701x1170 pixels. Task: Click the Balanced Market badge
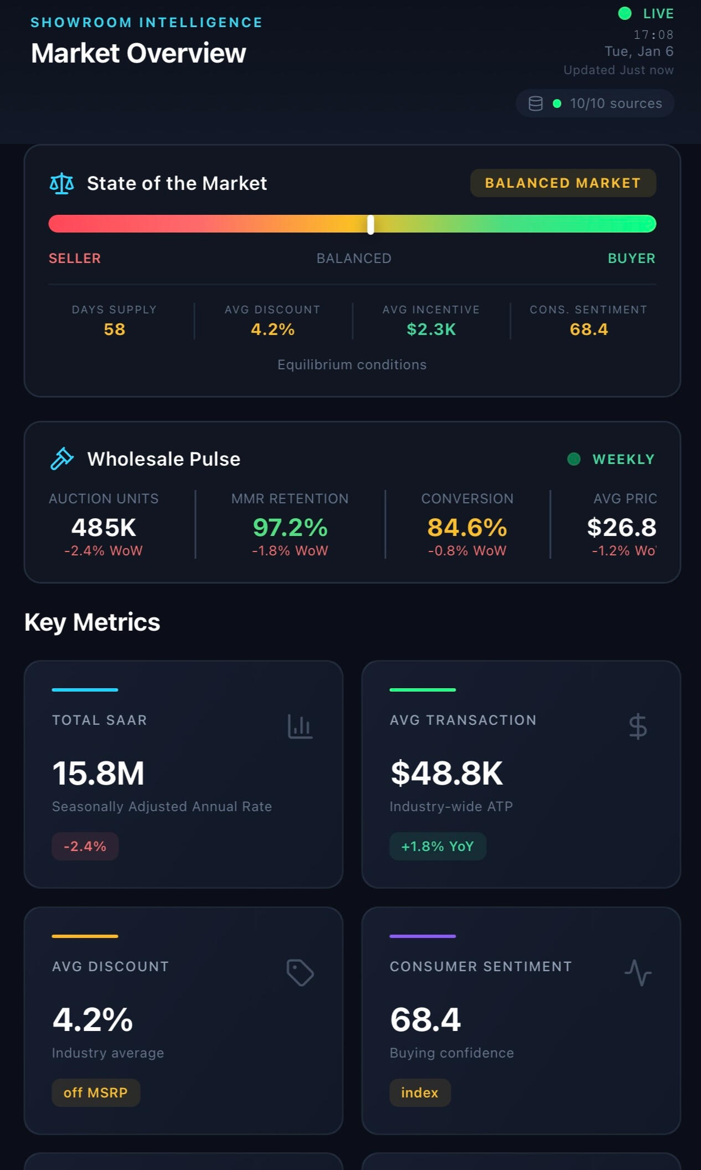pos(563,183)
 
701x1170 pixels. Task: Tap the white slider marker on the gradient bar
pos(370,224)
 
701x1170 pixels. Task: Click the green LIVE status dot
pos(625,13)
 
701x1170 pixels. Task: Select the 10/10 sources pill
pos(595,104)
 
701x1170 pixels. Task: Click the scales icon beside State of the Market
pos(61,183)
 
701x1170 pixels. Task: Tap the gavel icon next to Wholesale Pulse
pos(62,459)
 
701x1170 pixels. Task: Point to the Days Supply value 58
pos(115,329)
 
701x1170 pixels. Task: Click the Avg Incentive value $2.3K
pos(431,329)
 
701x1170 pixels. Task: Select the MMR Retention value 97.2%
pos(290,527)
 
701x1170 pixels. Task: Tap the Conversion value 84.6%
pos(467,527)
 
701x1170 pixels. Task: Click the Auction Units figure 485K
pos(104,527)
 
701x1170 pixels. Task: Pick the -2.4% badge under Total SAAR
pos(85,846)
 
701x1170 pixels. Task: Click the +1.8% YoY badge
pos(437,846)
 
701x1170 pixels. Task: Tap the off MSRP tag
pos(96,1092)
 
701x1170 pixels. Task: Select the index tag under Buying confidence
pos(420,1092)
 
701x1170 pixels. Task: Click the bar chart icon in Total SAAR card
pos(300,726)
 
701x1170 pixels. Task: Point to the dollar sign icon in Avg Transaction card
pos(638,726)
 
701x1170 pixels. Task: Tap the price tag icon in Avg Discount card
pos(300,972)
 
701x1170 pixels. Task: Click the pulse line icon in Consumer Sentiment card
pos(638,972)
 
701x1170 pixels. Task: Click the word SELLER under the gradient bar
pos(75,259)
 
